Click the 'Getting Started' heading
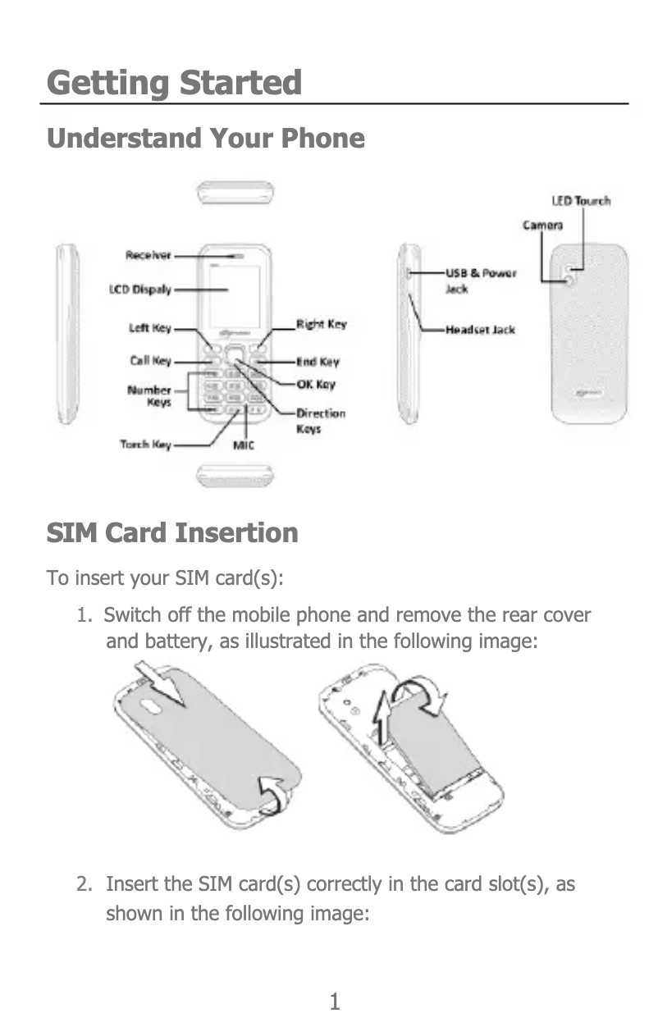tap(174, 84)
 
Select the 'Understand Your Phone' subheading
tap(205, 138)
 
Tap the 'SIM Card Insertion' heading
tap(172, 533)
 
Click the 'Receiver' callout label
tap(149, 255)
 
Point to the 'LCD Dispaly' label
tap(140, 290)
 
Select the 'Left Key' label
tap(149, 328)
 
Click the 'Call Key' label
tap(150, 360)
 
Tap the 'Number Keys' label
tap(149, 396)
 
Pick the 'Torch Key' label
tap(145, 445)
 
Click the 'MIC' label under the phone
tap(244, 445)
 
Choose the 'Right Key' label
tap(321, 325)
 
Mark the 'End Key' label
tap(318, 362)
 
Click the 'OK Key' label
tap(315, 385)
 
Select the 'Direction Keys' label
tap(320, 421)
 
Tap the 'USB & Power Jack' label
tap(480, 280)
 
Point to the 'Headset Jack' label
tap(480, 330)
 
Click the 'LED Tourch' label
tap(580, 201)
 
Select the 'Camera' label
tap(543, 225)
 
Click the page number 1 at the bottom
tap(334, 1002)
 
